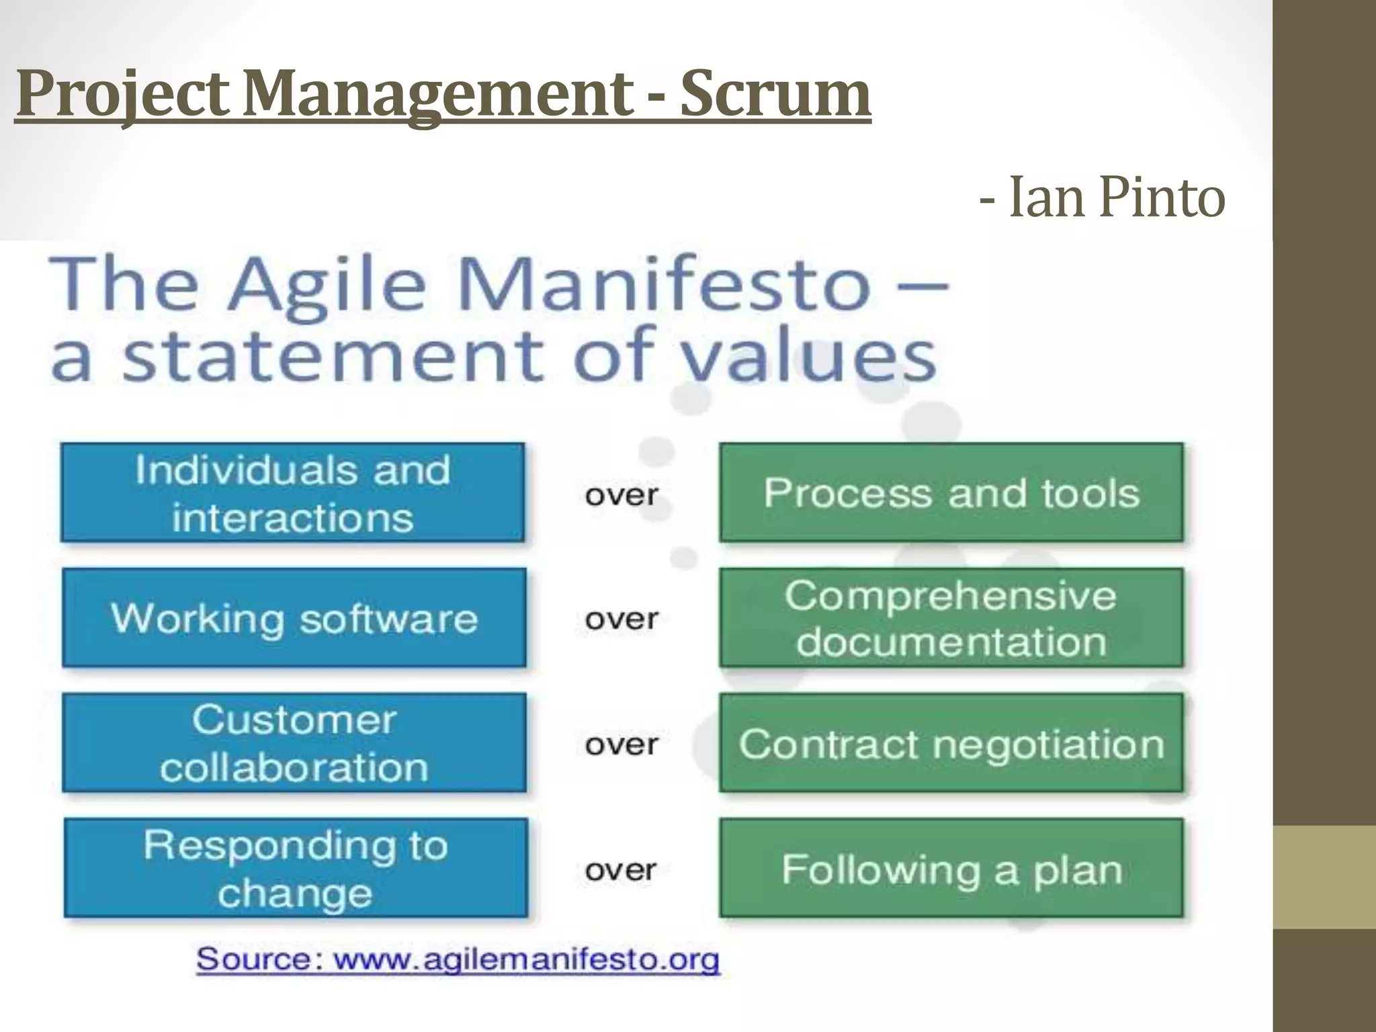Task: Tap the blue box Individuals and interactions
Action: click(x=292, y=492)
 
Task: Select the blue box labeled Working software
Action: click(x=294, y=617)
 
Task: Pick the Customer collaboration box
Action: click(x=294, y=742)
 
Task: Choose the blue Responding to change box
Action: click(x=295, y=868)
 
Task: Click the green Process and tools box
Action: click(x=951, y=492)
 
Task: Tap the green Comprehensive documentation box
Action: click(x=951, y=617)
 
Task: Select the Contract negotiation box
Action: click(x=951, y=743)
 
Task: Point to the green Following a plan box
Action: click(x=951, y=868)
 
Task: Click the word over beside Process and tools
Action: click(x=621, y=495)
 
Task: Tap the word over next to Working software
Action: click(x=621, y=619)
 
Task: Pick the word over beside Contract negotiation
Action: click(x=621, y=744)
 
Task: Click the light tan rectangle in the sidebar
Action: click(x=1324, y=877)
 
